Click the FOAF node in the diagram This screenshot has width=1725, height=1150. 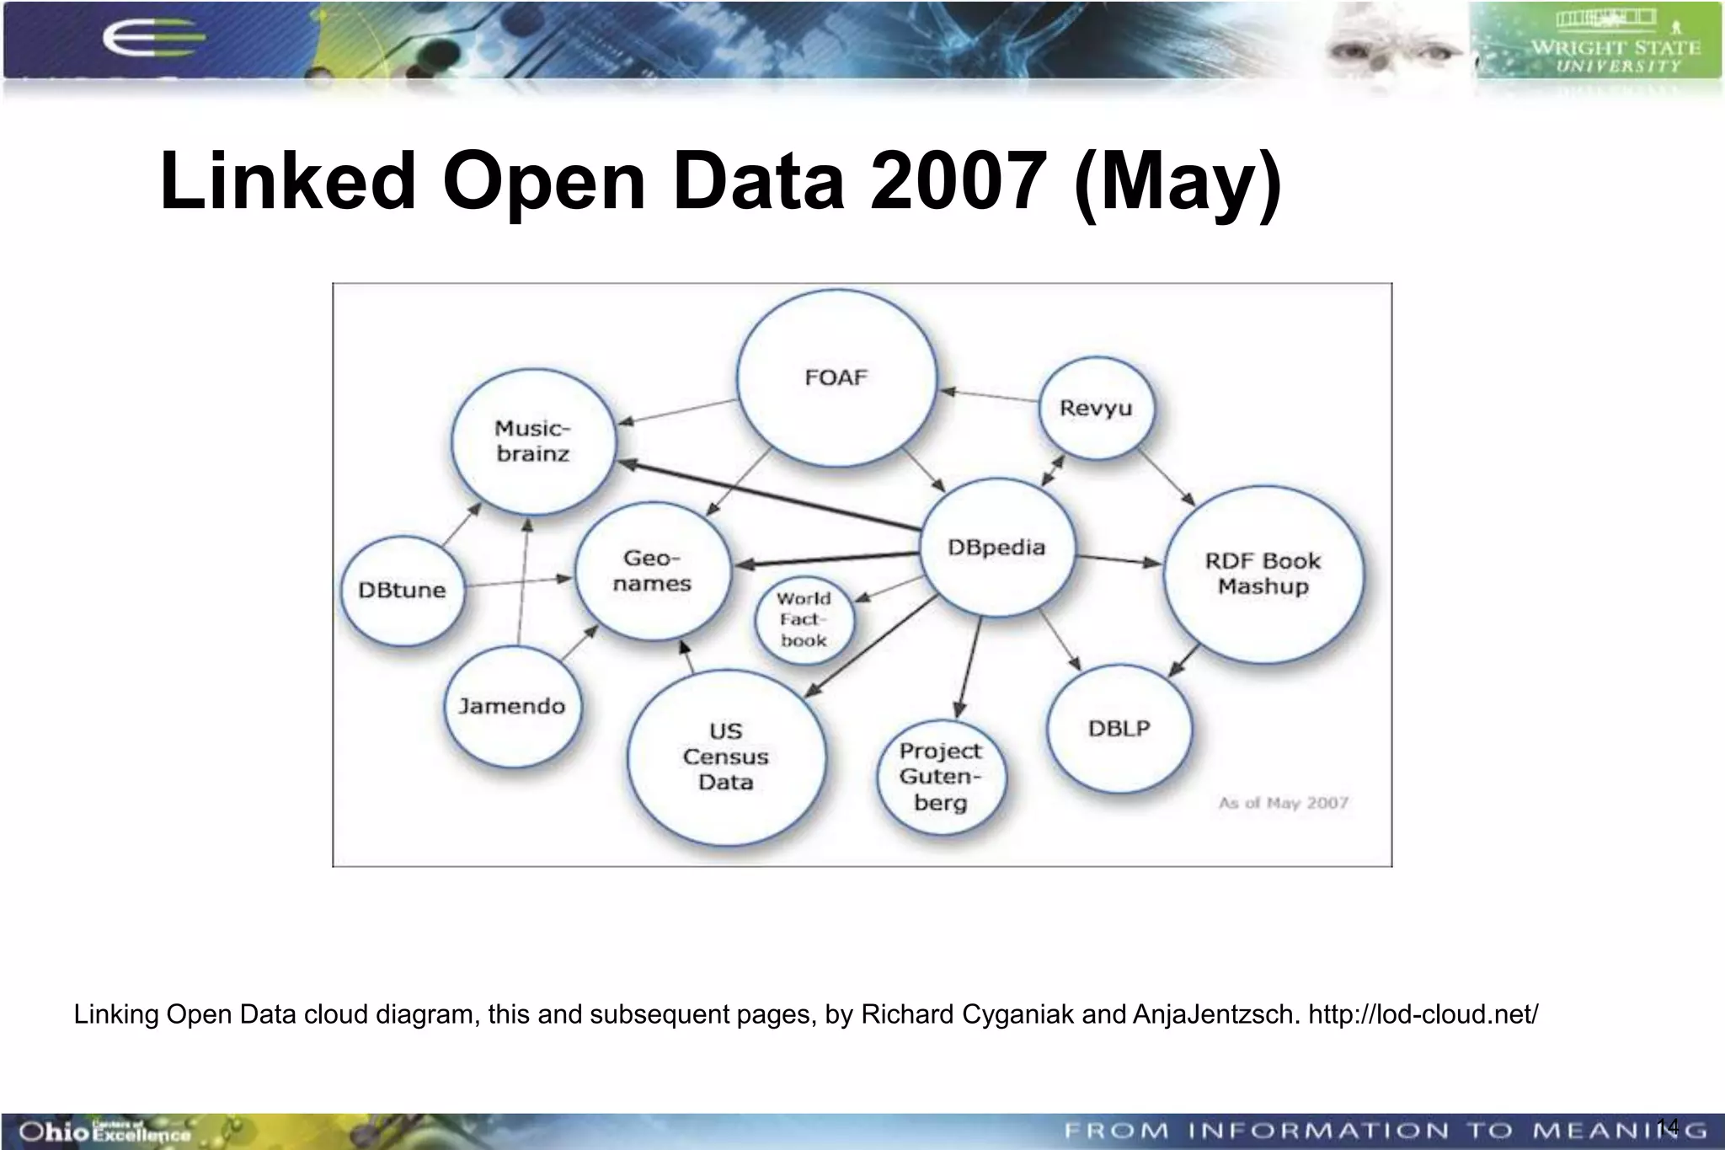click(x=836, y=377)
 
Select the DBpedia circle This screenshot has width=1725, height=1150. click(x=996, y=548)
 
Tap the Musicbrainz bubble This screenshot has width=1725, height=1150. click(x=532, y=441)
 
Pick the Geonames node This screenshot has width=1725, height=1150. click(x=652, y=570)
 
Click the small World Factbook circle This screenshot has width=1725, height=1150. click(x=804, y=620)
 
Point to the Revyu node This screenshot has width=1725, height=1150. click(x=1095, y=409)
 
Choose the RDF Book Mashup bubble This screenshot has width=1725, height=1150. click(x=1263, y=574)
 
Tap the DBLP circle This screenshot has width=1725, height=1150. click(x=1119, y=728)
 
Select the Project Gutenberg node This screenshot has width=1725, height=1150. click(x=940, y=776)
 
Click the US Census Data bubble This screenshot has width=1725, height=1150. click(x=725, y=757)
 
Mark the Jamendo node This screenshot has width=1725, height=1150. click(x=511, y=706)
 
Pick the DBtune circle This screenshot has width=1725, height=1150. click(x=402, y=590)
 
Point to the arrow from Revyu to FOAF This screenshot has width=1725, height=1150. click(x=990, y=395)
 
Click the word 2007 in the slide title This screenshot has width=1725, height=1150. click(x=959, y=180)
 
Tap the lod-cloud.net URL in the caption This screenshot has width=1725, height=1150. click(x=1423, y=1014)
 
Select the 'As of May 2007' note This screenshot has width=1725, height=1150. click(x=1283, y=803)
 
